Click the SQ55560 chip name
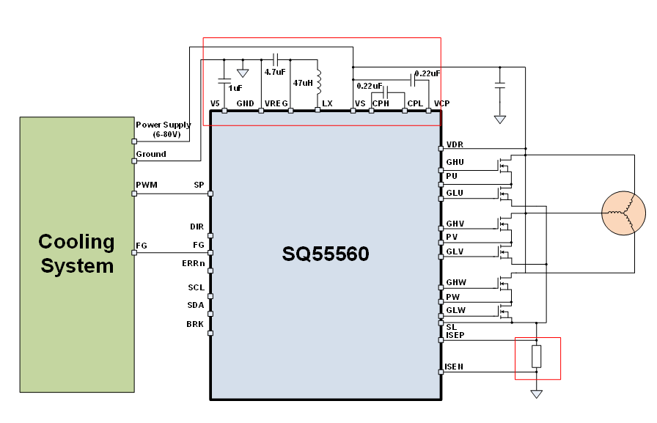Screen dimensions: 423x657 [x=326, y=254]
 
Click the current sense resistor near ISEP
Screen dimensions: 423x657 [x=537, y=357]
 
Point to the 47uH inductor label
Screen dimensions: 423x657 [x=303, y=83]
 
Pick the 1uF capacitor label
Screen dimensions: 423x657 [x=235, y=88]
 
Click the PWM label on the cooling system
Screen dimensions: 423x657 [x=147, y=185]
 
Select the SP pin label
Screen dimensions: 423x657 [x=199, y=185]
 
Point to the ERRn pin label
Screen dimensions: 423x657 [x=193, y=262]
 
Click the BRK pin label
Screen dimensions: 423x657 [x=195, y=323]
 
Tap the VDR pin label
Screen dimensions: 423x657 [x=455, y=144]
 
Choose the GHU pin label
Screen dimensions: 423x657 [x=455, y=162]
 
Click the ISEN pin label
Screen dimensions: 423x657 [x=455, y=367]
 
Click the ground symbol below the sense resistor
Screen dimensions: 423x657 [x=537, y=394]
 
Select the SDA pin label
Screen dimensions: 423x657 [x=195, y=305]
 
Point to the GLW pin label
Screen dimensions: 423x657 [x=456, y=310]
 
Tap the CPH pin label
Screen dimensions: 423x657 [x=381, y=103]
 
